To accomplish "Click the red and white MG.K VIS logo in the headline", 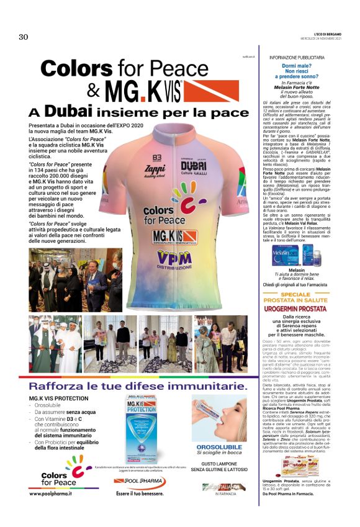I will tap(143, 91).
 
